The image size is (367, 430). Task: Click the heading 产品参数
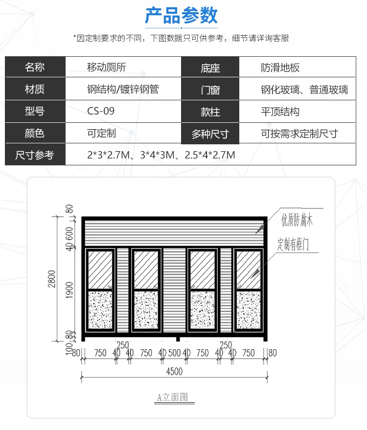(182, 16)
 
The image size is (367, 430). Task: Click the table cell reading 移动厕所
(107, 67)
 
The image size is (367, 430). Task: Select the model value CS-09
(101, 111)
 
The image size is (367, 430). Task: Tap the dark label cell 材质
(35, 89)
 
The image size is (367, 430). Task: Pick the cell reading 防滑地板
(280, 68)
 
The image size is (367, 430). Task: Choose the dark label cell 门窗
(210, 90)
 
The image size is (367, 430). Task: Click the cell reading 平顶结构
(280, 112)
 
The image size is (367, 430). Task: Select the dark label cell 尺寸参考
(35, 156)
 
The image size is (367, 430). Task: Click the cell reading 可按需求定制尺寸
(299, 134)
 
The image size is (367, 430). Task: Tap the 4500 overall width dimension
(174, 371)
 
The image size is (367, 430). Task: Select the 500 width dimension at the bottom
(175, 353)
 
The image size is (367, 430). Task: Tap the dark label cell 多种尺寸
(210, 134)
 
